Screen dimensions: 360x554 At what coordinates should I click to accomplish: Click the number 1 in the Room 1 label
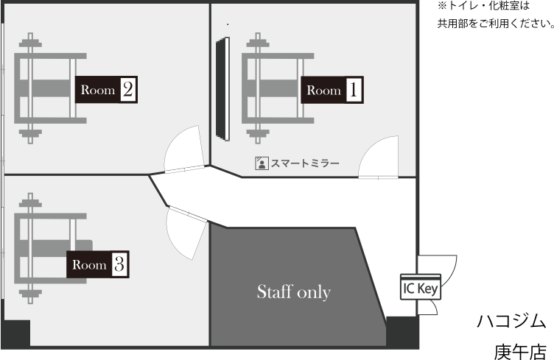point(354,91)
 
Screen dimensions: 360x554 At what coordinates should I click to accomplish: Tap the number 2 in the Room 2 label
point(127,90)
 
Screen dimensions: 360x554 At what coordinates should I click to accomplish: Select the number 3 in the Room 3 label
point(119,264)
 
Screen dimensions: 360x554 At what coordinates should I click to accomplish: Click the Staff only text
point(293,292)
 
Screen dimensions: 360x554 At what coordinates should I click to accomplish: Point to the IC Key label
point(420,288)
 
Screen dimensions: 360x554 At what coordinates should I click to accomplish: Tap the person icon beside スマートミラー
point(261,163)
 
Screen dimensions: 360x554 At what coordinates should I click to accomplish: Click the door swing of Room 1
point(379,159)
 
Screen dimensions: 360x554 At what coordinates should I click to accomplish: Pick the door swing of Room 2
point(183,150)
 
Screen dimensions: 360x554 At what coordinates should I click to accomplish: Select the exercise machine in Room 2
point(44,87)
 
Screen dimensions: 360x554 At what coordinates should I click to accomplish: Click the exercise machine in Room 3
point(44,247)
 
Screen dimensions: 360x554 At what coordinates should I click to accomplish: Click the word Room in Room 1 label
point(323,91)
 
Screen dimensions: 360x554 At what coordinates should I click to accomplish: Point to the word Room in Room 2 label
point(98,90)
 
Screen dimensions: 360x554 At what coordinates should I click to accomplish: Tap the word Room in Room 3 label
point(89,264)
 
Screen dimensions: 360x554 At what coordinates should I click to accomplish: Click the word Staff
point(272,292)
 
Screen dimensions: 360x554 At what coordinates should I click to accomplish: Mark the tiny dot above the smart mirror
point(227,24)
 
